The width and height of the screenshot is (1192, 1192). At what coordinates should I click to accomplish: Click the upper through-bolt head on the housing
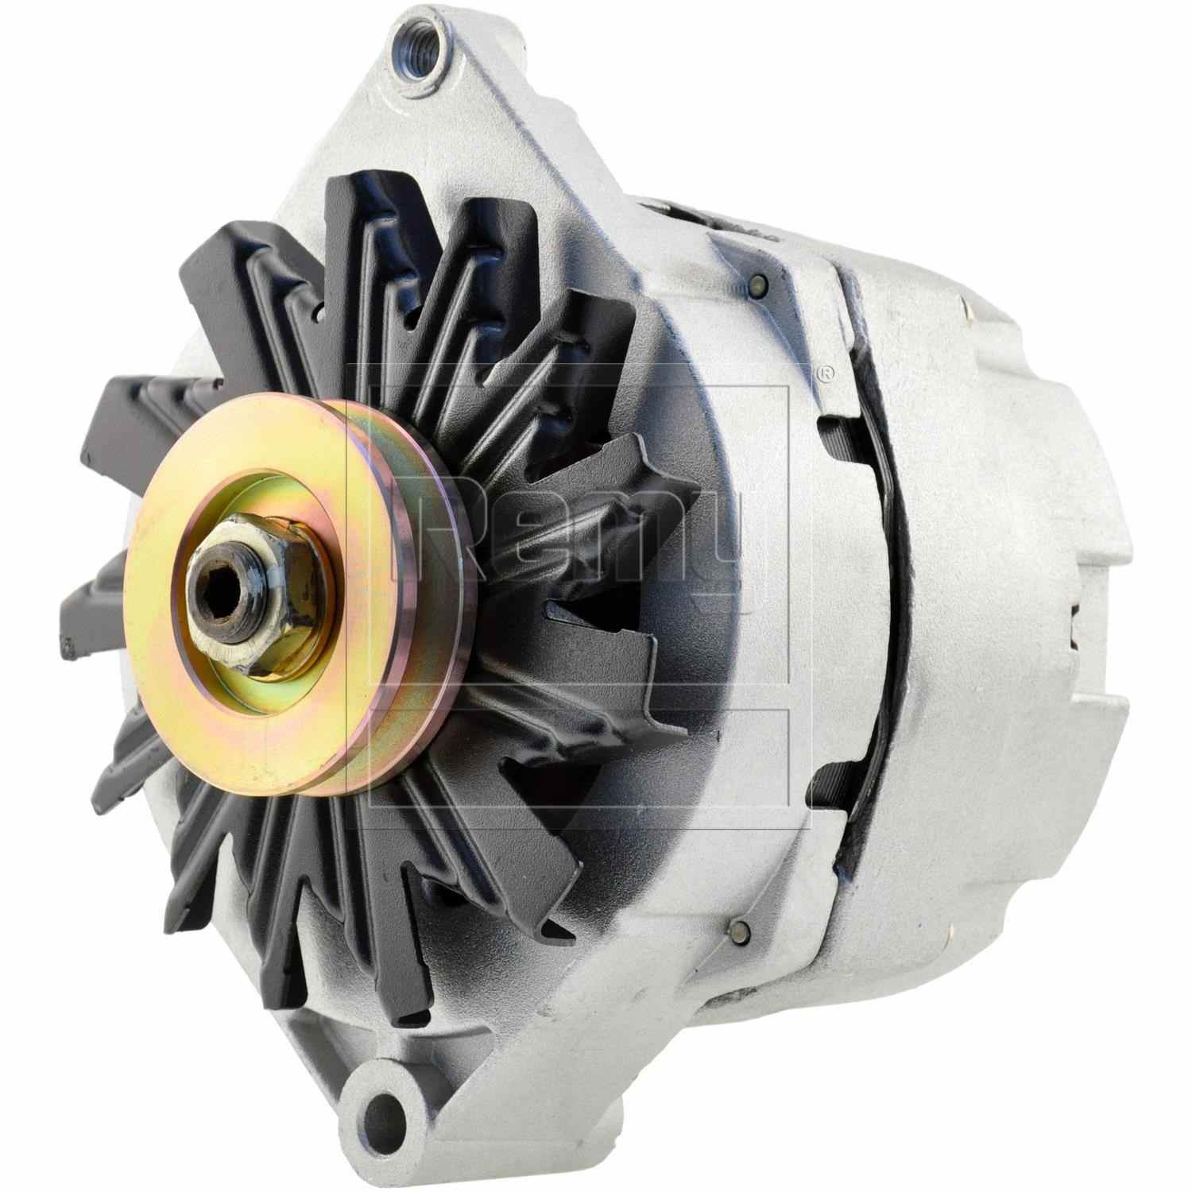[757, 283]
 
